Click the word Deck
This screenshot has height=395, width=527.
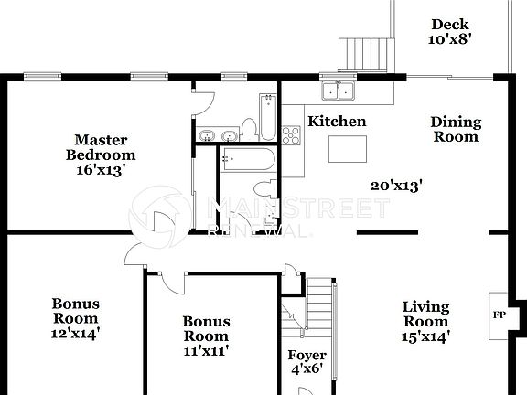click(x=449, y=25)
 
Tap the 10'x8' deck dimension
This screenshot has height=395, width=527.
click(x=449, y=39)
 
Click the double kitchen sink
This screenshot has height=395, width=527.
click(x=339, y=91)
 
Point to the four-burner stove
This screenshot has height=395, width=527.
click(x=292, y=135)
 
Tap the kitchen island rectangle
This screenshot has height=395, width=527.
click(x=348, y=147)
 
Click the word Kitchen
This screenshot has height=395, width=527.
click(x=336, y=122)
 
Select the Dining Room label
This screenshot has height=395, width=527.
click(x=455, y=129)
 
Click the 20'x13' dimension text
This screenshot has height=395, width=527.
click(x=395, y=186)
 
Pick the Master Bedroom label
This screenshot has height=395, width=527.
click(x=100, y=147)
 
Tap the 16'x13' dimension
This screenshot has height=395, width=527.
click(x=100, y=169)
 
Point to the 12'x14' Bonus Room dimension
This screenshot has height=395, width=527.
click(x=75, y=334)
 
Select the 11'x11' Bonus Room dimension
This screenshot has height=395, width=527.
click(x=205, y=350)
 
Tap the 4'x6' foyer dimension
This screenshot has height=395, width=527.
click(x=307, y=370)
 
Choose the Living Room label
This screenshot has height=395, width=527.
click(x=425, y=314)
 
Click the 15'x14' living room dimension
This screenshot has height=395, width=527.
click(x=425, y=336)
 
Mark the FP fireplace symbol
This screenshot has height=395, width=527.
click(x=500, y=315)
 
